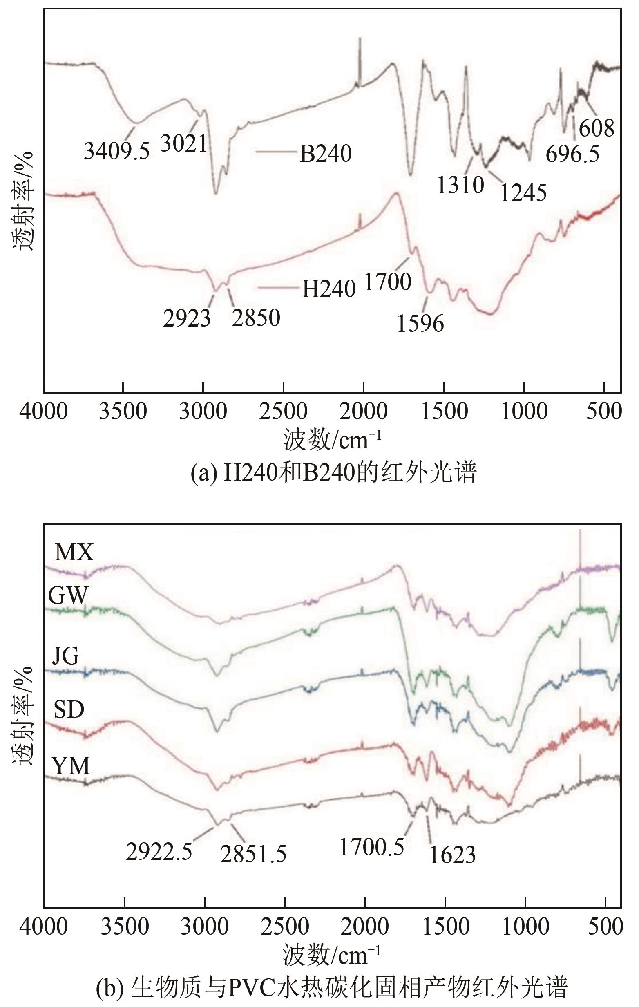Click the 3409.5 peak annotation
click(x=116, y=151)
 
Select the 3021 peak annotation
click(x=183, y=144)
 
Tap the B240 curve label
click(x=325, y=154)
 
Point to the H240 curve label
click(x=329, y=289)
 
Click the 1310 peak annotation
click(x=460, y=184)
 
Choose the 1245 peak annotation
click(x=523, y=193)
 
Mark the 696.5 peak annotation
click(x=572, y=154)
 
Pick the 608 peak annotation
click(x=597, y=128)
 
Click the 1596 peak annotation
click(x=420, y=324)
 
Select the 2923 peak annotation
click(x=187, y=318)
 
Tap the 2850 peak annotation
click(x=256, y=318)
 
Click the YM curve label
click(x=71, y=766)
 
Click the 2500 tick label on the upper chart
click(x=283, y=412)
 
